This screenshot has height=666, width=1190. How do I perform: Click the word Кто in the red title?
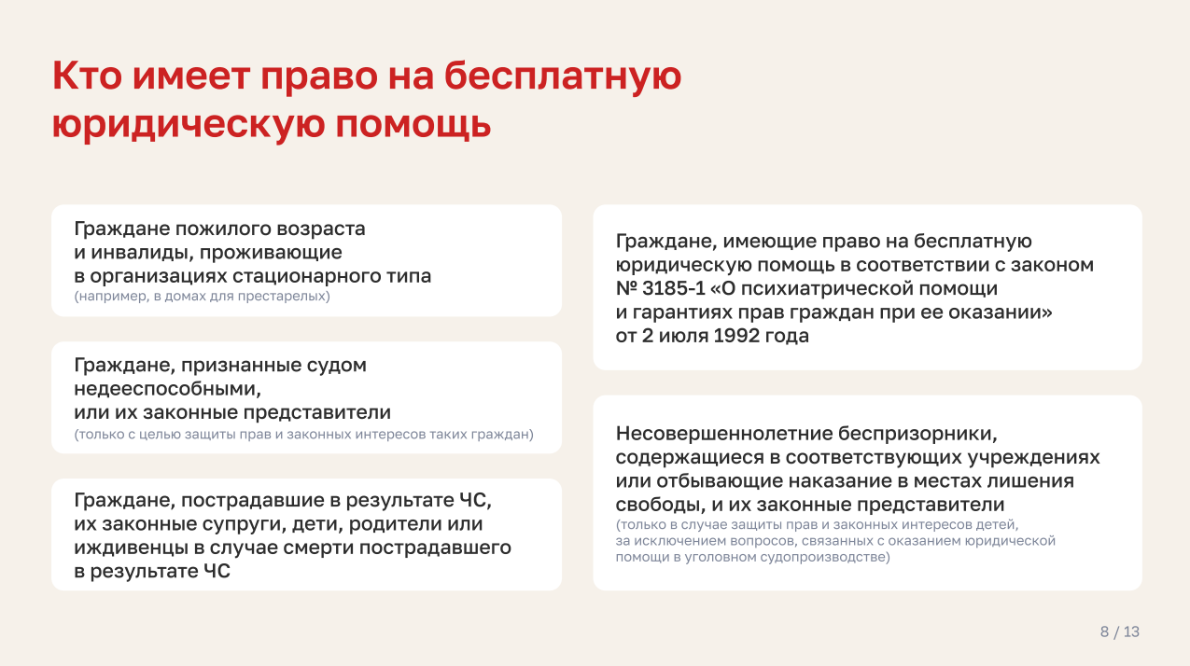pos(87,76)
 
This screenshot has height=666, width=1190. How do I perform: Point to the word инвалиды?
pos(143,253)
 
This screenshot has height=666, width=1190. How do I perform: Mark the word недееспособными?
pos(167,389)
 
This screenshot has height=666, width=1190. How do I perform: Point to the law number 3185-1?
pos(673,288)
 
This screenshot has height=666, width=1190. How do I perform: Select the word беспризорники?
pos(918,434)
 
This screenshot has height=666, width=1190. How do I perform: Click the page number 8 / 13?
pos(1119,631)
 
